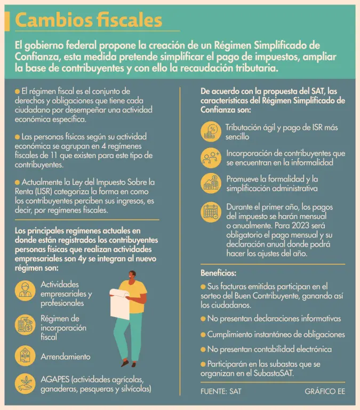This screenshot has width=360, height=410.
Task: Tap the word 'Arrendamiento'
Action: coord(66,356)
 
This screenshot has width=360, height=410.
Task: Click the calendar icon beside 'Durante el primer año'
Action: coord(211,212)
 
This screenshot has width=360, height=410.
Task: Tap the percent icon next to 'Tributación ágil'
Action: coord(211,131)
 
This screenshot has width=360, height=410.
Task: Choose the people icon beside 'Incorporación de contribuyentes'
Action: coord(211,157)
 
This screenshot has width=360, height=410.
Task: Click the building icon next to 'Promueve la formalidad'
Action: coord(211,183)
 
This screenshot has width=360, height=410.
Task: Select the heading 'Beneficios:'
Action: coord(219,273)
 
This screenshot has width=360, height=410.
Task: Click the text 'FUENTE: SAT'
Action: coord(221,391)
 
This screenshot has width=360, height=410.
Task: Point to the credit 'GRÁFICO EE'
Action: coord(325,391)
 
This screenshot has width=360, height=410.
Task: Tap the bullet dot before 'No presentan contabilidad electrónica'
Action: coord(203,349)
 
